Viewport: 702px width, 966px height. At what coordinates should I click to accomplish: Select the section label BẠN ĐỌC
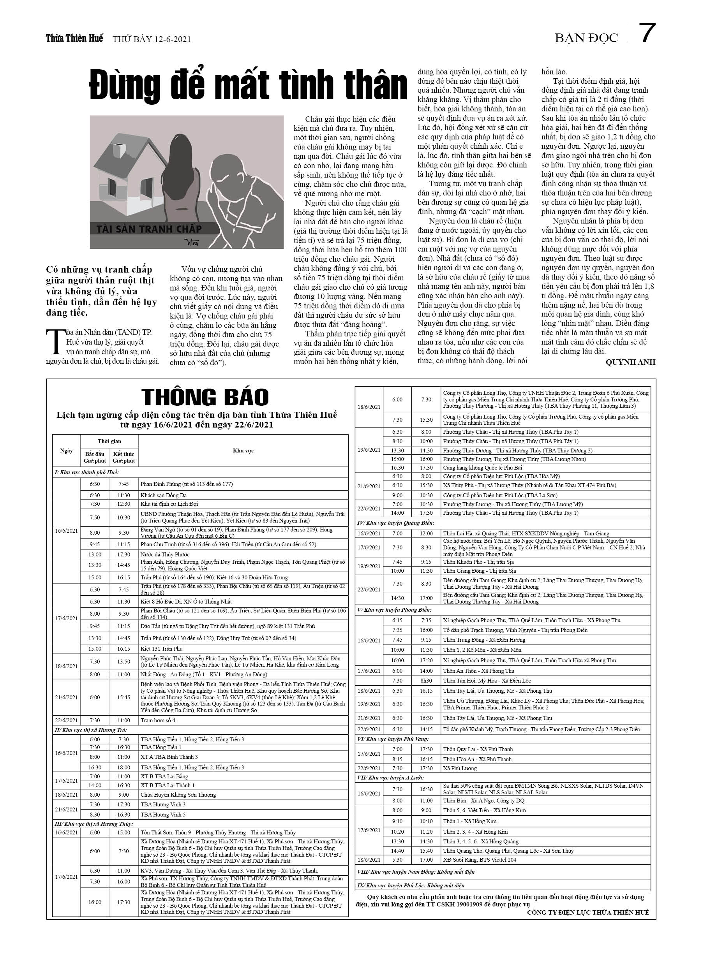[586, 38]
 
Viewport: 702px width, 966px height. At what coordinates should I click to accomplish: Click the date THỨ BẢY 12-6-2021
[151, 40]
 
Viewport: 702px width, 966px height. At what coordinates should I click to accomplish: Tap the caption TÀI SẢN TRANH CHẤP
[149, 229]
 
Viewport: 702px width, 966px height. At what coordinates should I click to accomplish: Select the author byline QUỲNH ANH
[630, 362]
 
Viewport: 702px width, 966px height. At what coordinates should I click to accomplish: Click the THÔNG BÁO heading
[205, 397]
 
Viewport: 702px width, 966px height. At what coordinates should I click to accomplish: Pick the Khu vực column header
[243, 450]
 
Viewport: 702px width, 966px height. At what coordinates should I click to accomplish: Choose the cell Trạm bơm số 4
[158, 720]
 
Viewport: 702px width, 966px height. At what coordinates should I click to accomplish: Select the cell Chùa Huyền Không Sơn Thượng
[178, 795]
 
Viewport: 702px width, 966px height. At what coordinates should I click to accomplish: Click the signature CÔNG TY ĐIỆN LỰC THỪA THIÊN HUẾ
[588, 912]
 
